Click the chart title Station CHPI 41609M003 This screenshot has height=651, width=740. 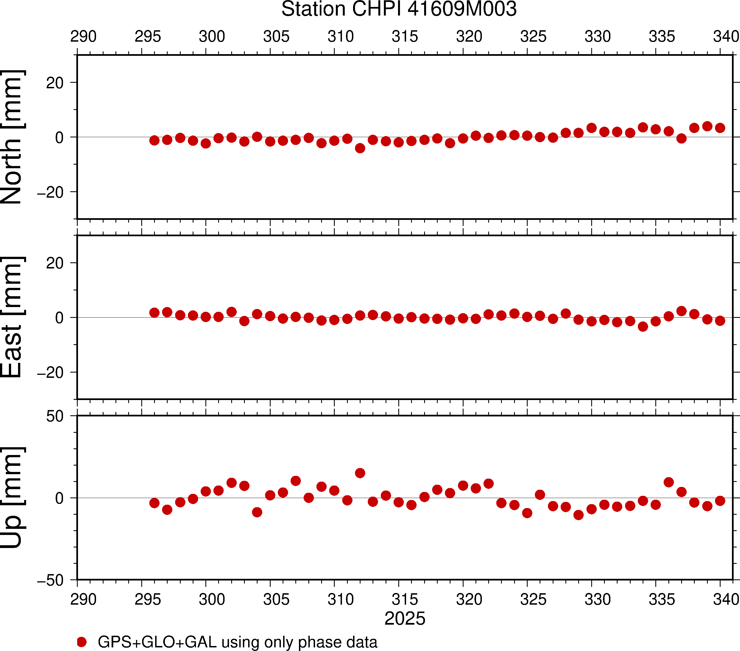pos(399,9)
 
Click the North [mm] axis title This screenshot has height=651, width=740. pos(12,137)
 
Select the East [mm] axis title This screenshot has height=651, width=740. pos(12,317)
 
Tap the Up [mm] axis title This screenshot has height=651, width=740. pos(12,497)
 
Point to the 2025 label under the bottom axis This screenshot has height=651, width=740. pos(405,619)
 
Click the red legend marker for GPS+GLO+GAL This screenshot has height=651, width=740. pos(82,642)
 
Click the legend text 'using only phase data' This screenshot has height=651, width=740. pos(299,642)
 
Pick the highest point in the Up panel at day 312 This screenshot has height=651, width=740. pos(360,473)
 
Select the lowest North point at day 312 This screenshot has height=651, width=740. pos(360,148)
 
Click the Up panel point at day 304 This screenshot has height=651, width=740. pos(257,512)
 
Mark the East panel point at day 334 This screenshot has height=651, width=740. pos(643,326)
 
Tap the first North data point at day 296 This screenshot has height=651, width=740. pos(154,140)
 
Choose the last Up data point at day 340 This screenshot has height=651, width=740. pos(720,501)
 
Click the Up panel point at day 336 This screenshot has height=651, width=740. pos(669,482)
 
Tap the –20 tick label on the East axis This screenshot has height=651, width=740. pos(51,373)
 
